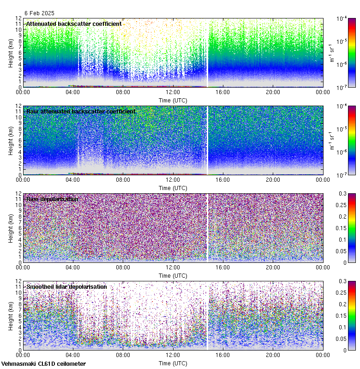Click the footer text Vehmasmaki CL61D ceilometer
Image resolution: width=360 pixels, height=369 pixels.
[43, 364]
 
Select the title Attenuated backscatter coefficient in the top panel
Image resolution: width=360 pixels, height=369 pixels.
[74, 24]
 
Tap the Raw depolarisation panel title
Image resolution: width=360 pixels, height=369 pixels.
[52, 199]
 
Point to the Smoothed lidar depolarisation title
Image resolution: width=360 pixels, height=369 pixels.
[66, 286]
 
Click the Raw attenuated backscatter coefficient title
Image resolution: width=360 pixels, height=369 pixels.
[81, 111]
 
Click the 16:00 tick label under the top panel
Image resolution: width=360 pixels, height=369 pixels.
[223, 92]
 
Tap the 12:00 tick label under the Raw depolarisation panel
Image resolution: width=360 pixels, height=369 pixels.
[173, 267]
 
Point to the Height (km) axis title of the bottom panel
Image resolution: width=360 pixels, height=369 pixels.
[11, 315]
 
